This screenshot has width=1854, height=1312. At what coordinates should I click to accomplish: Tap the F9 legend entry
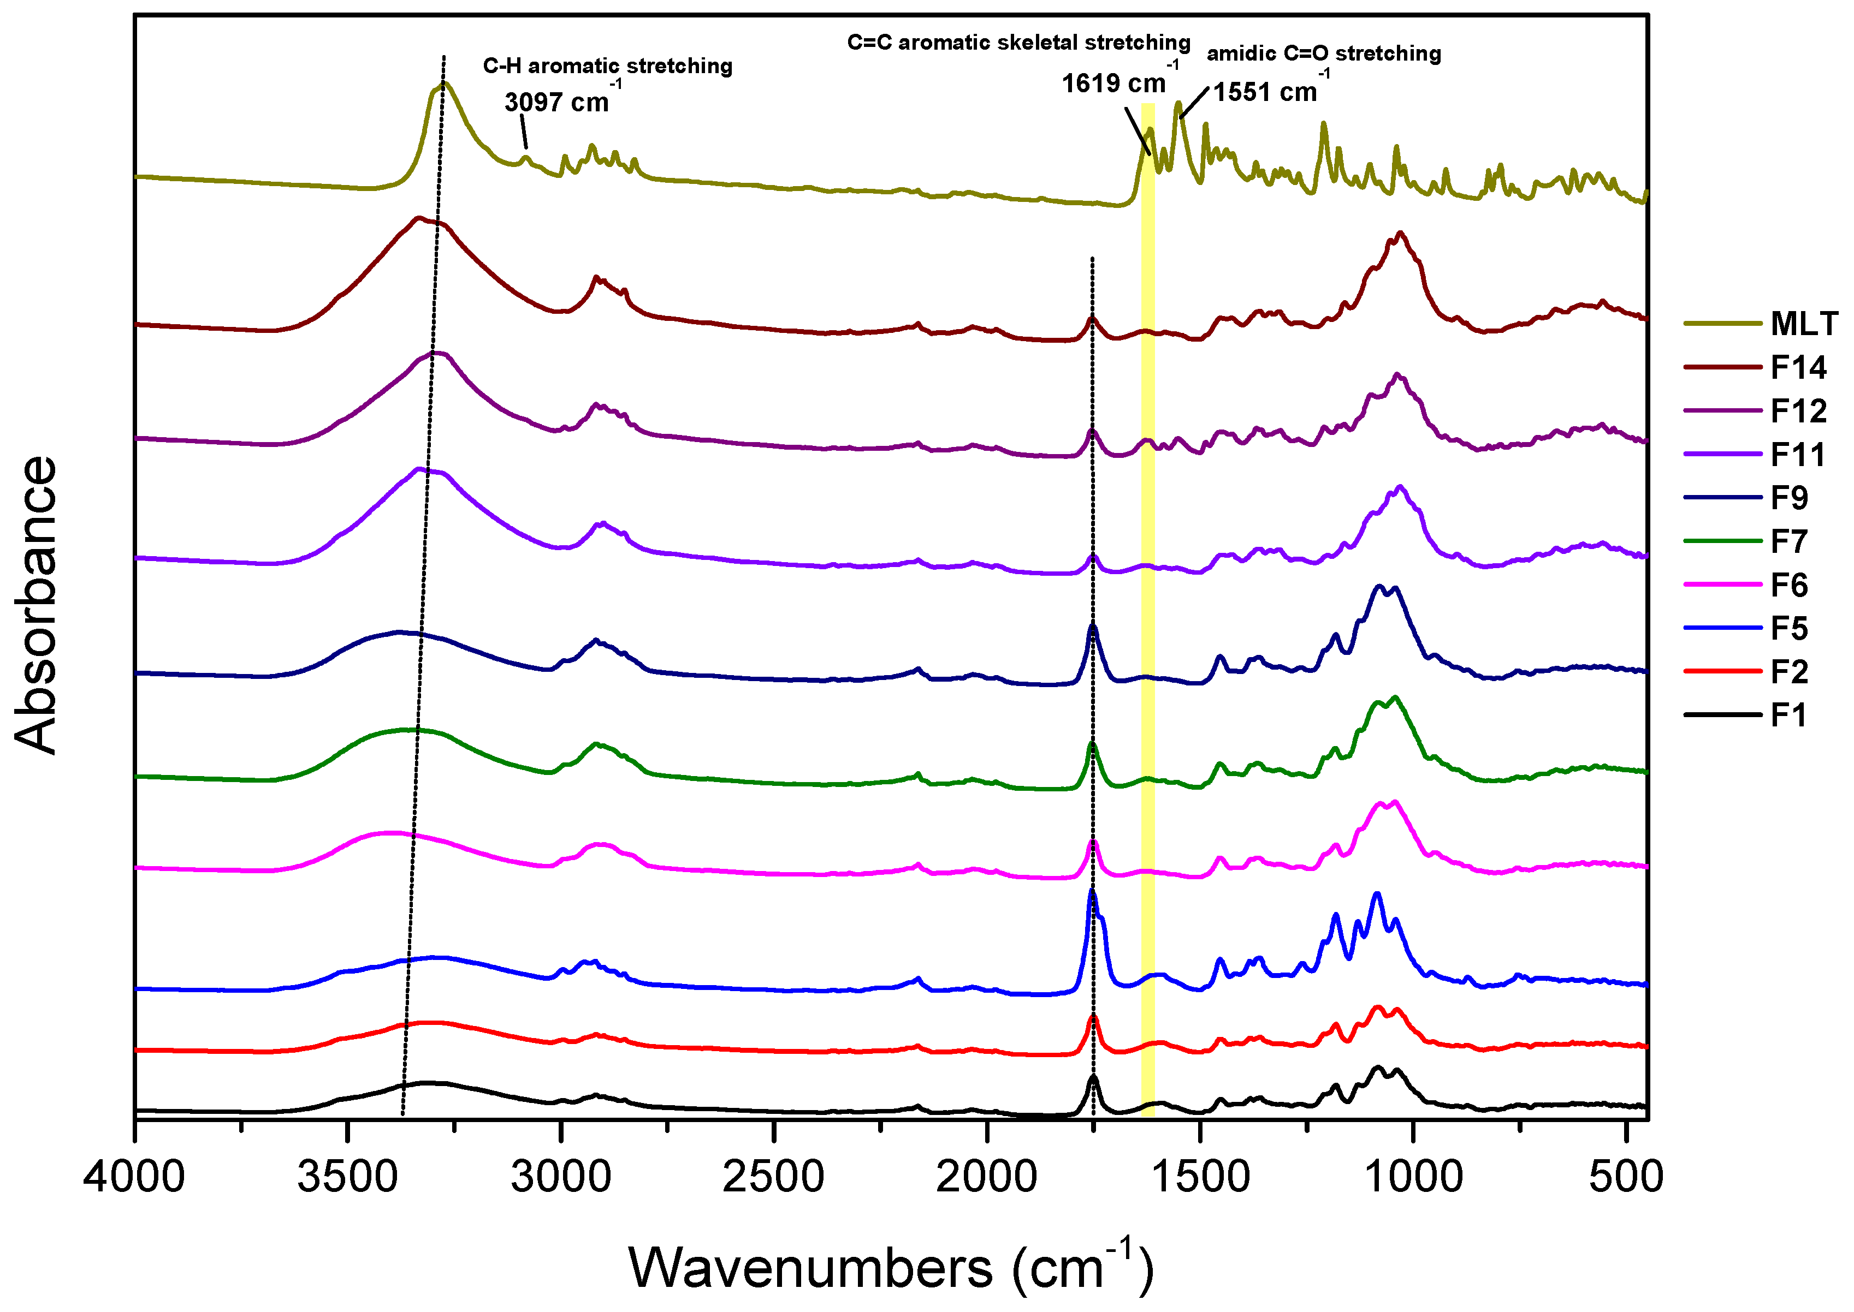click(x=1788, y=498)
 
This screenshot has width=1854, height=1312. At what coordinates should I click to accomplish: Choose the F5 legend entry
click(x=1788, y=629)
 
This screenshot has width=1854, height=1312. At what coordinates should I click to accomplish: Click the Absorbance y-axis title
click(x=37, y=606)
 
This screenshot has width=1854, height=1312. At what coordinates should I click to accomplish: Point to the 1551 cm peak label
click(x=1266, y=92)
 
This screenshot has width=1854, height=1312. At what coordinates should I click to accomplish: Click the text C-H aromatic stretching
click(x=608, y=66)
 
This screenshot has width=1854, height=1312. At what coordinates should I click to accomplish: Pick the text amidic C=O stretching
click(x=1324, y=54)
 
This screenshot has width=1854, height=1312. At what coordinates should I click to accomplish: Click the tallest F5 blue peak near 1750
click(x=1092, y=891)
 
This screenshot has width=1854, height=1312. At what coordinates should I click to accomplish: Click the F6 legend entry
click(x=1788, y=585)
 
